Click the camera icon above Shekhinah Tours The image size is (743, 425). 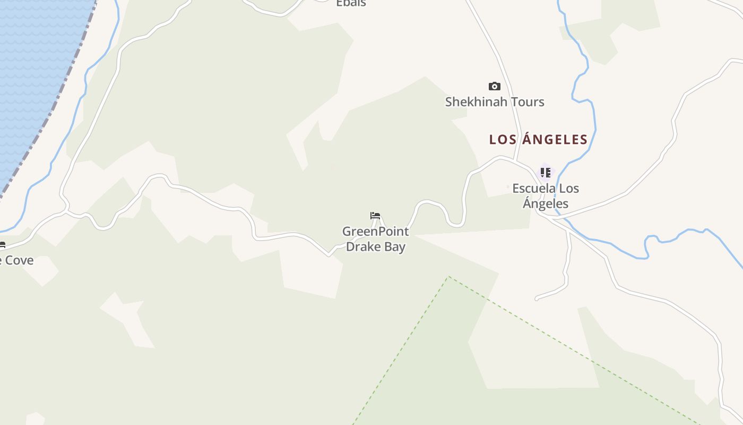(x=494, y=86)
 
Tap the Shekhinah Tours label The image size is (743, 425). (x=495, y=102)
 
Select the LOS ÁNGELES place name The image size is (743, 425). (x=538, y=140)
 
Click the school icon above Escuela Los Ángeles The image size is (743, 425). (x=545, y=172)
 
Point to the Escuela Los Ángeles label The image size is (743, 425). (x=546, y=196)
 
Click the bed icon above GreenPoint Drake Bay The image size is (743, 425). (x=375, y=216)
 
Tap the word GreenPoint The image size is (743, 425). (x=375, y=232)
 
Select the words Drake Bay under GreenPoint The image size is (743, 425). (x=375, y=247)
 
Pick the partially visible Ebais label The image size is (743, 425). (x=351, y=3)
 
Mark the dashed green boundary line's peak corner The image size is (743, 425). (x=448, y=277)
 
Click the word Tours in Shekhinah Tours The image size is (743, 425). (x=527, y=102)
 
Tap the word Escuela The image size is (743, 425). (x=534, y=189)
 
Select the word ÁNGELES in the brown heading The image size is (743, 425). (x=555, y=140)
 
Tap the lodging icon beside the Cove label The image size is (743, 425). (x=2, y=245)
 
